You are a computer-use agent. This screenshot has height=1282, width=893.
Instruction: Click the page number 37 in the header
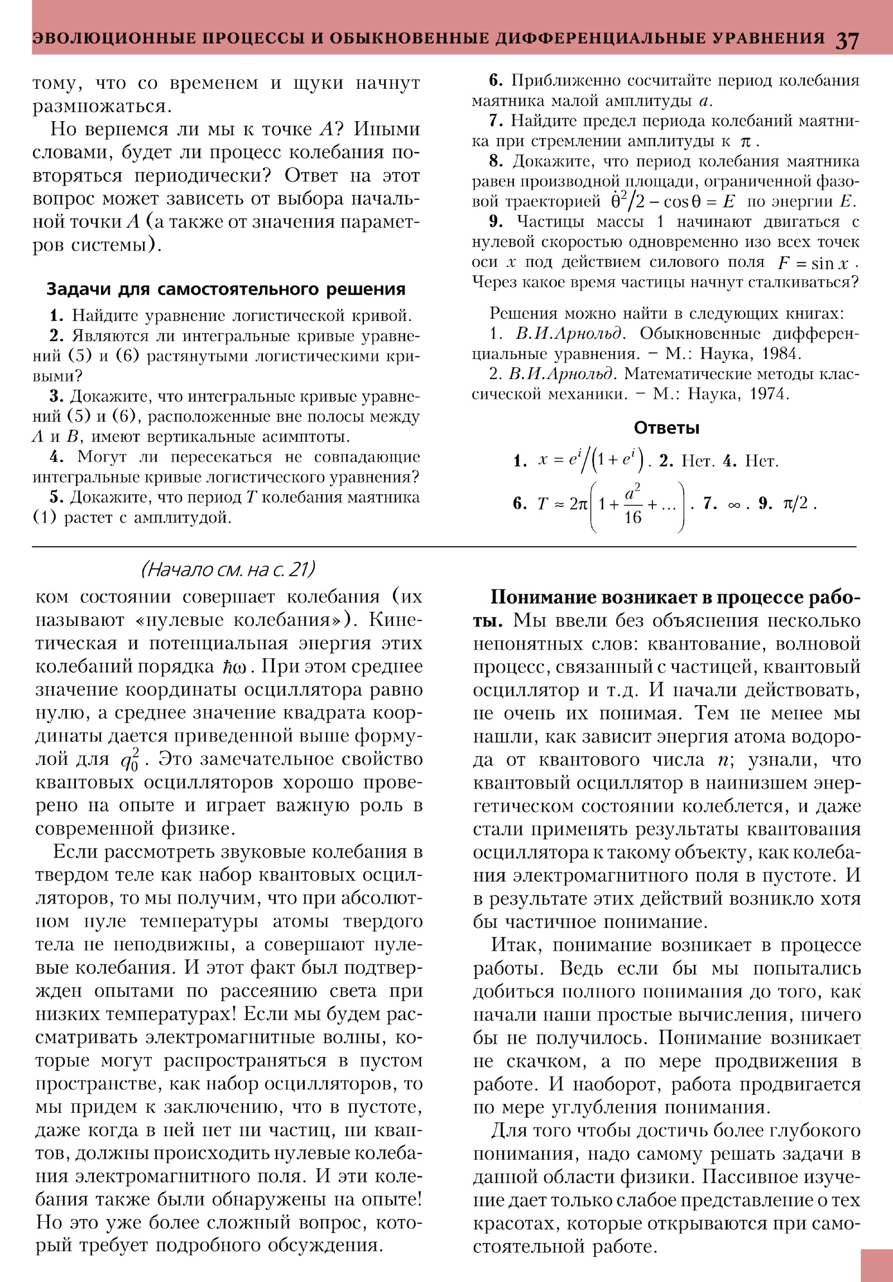[847, 40]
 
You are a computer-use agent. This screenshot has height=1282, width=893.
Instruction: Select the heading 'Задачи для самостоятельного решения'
[225, 289]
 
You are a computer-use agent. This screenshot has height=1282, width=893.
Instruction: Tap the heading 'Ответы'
[666, 428]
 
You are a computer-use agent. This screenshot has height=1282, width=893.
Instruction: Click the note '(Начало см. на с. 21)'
[228, 570]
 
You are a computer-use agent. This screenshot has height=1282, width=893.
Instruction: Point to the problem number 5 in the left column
[54, 498]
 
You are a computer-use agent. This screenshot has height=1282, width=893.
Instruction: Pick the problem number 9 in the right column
[496, 222]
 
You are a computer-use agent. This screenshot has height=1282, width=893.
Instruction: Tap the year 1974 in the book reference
[769, 394]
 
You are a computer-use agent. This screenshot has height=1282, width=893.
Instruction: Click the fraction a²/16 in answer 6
[632, 505]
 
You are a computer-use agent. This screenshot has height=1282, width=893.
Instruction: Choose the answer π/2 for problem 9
[796, 504]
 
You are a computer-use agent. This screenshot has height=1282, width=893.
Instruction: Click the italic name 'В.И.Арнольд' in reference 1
[568, 334]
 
